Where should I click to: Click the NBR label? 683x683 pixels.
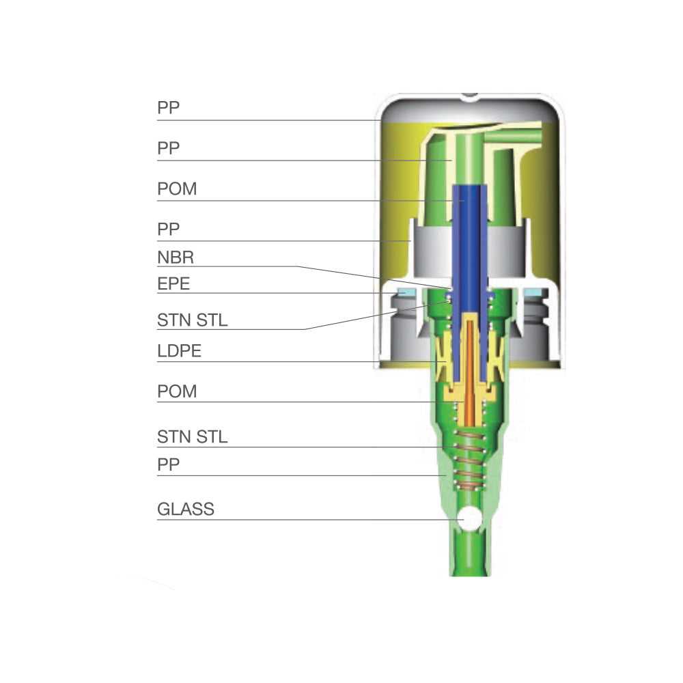click(176, 257)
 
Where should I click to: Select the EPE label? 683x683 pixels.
click(173, 284)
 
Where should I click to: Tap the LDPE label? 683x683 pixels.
click(179, 351)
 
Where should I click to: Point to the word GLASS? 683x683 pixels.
click(186, 510)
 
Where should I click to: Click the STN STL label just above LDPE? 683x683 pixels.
click(192, 320)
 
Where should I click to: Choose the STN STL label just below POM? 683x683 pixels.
click(192, 437)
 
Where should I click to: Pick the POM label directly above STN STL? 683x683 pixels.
click(177, 391)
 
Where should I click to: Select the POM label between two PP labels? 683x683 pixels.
click(177, 189)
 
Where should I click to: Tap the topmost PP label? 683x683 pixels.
click(168, 108)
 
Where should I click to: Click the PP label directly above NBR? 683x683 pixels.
click(168, 229)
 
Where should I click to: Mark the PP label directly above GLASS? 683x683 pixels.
click(168, 464)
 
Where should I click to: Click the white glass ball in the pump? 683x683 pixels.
click(470, 519)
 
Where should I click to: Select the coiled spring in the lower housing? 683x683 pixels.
click(470, 460)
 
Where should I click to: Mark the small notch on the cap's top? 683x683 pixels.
click(470, 96)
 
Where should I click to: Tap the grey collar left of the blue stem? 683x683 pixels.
click(432, 253)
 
